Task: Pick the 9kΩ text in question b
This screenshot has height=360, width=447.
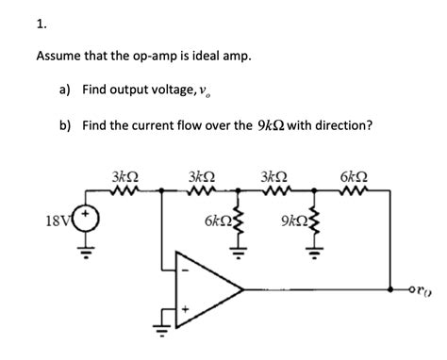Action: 273,124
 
